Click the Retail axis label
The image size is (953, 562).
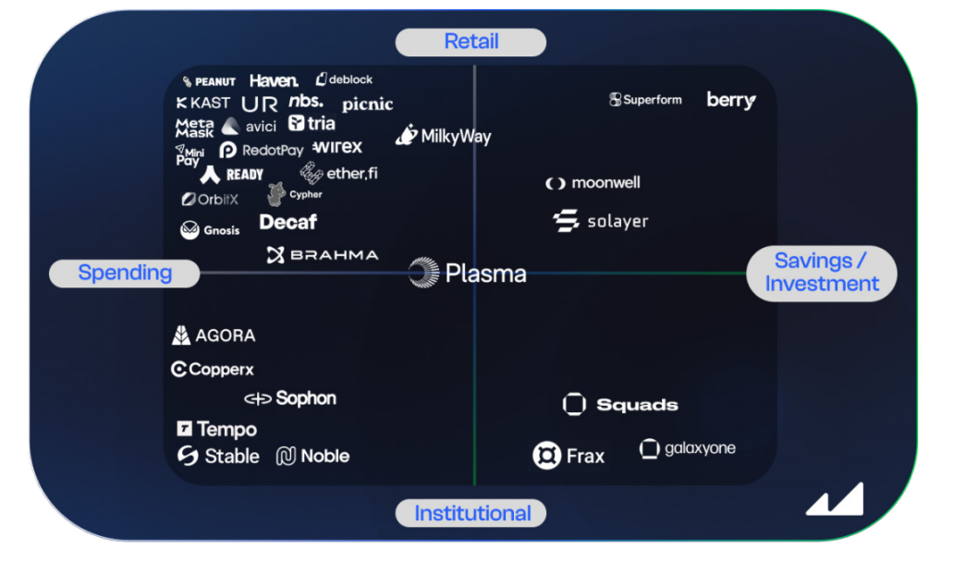470,42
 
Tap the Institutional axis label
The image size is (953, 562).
471,513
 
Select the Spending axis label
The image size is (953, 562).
125,273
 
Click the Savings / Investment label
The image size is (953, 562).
821,273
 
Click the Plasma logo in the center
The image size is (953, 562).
468,273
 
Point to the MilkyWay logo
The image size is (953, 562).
444,136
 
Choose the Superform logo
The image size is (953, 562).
645,100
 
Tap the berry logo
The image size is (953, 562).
730,100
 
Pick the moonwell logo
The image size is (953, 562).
593,183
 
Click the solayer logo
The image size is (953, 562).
601,222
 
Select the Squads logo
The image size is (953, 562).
620,405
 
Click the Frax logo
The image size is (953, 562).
568,456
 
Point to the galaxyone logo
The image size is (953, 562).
688,449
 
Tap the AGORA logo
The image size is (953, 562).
214,336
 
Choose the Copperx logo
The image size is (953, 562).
213,370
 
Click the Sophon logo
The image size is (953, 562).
290,398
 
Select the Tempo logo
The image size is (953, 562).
216,429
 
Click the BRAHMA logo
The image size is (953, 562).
323,255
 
